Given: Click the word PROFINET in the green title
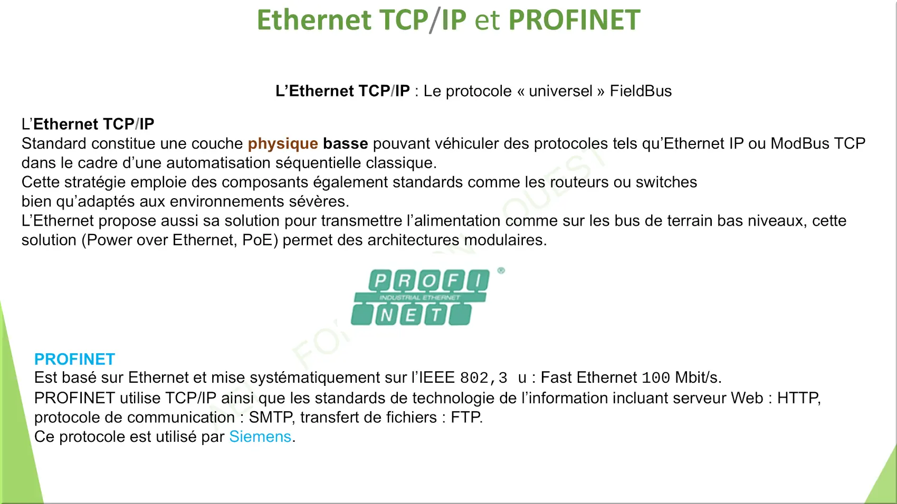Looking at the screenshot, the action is click(x=574, y=20).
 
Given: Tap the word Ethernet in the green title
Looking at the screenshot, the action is click(x=314, y=20).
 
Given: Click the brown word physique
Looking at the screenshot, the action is click(x=283, y=144).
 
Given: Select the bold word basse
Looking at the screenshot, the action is click(x=345, y=143).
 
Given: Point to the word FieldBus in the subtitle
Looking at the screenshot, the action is click(x=641, y=91).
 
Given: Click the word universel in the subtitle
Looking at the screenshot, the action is click(x=560, y=91).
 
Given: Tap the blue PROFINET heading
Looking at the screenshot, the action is click(x=75, y=359).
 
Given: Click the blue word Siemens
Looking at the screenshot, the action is click(x=260, y=437).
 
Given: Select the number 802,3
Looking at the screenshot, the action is click(x=483, y=377).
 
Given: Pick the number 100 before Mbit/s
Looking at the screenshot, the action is click(x=656, y=377).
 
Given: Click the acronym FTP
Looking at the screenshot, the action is click(x=465, y=417).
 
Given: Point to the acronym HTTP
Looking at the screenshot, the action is click(x=798, y=398).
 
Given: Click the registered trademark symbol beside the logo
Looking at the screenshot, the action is click(x=501, y=271).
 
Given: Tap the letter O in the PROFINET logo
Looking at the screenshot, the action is click(x=429, y=280).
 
